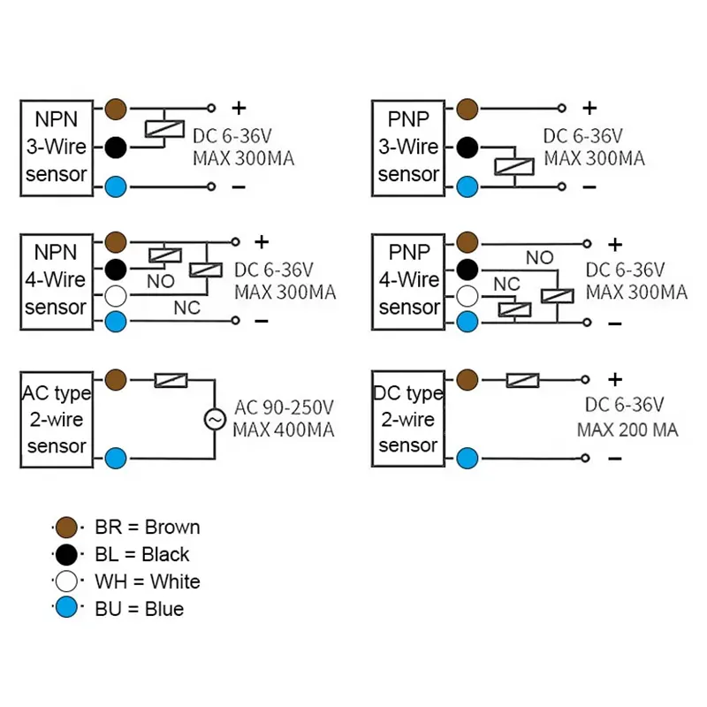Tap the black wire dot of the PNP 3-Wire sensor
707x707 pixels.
point(468,147)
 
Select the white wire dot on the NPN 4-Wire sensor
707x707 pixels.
point(116,296)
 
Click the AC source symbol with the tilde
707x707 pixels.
point(215,419)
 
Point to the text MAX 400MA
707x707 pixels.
point(284,430)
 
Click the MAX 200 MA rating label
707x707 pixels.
point(627,430)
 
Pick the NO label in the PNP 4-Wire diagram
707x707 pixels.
point(539,257)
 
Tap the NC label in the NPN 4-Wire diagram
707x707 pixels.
point(186,308)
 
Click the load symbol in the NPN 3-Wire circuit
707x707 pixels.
point(164,129)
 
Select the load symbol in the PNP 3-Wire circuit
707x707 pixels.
point(514,166)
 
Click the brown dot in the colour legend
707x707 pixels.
point(66,527)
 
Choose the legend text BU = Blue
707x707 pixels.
point(140,609)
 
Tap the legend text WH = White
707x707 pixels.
point(148,582)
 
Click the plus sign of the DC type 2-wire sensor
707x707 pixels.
point(615,379)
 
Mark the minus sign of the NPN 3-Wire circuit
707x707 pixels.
point(239,186)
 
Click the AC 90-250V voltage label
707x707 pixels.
point(284,407)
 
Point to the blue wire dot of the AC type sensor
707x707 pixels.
point(116,458)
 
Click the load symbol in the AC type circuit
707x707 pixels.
point(171,380)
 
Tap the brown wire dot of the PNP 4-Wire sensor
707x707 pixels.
point(468,243)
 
